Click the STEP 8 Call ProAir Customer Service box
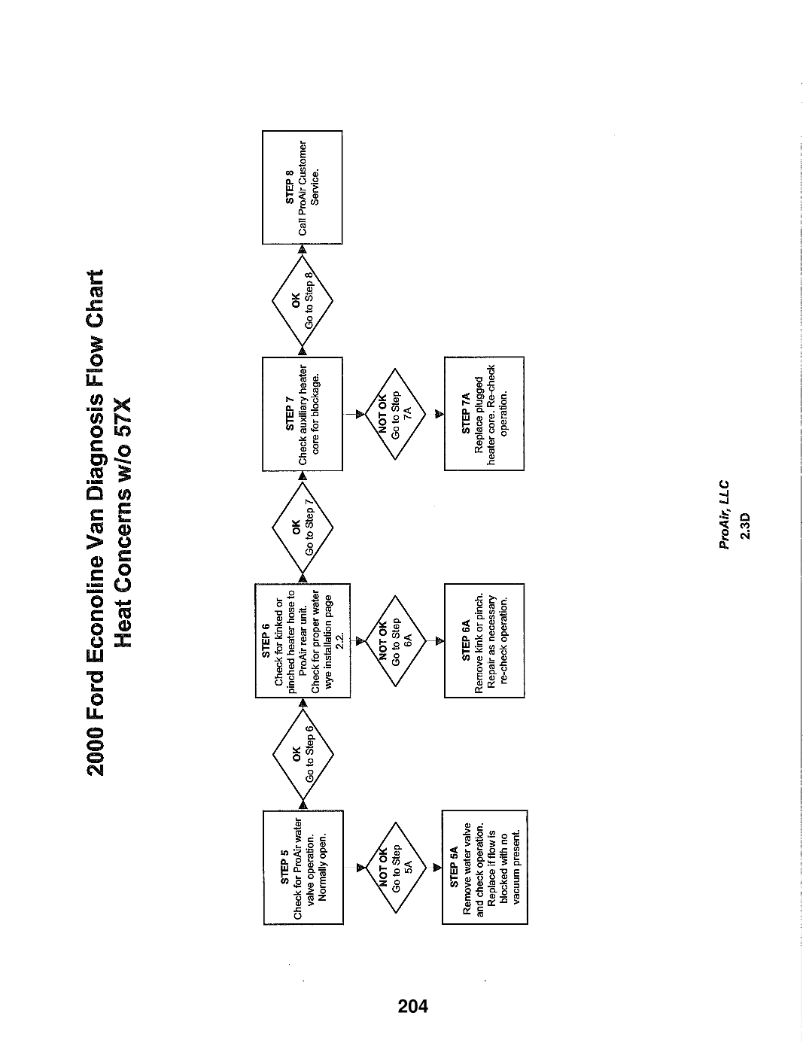click(302, 187)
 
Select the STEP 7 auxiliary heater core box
click(302, 414)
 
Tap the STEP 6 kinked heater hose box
click(303, 640)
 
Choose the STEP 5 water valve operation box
click(303, 868)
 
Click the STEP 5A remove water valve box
click(485, 868)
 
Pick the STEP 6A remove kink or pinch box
click(484, 640)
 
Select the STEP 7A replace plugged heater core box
click(484, 413)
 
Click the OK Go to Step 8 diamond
click(302, 300)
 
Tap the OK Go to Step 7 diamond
click(303, 527)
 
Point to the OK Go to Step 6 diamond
click(303, 753)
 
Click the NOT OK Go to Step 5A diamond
click(395, 868)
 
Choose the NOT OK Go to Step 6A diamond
click(395, 641)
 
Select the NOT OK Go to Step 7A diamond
click(395, 414)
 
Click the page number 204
click(413, 1005)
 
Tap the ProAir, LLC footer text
click(724, 514)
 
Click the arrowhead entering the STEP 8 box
click(302, 249)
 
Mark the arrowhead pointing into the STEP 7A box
click(439, 414)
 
